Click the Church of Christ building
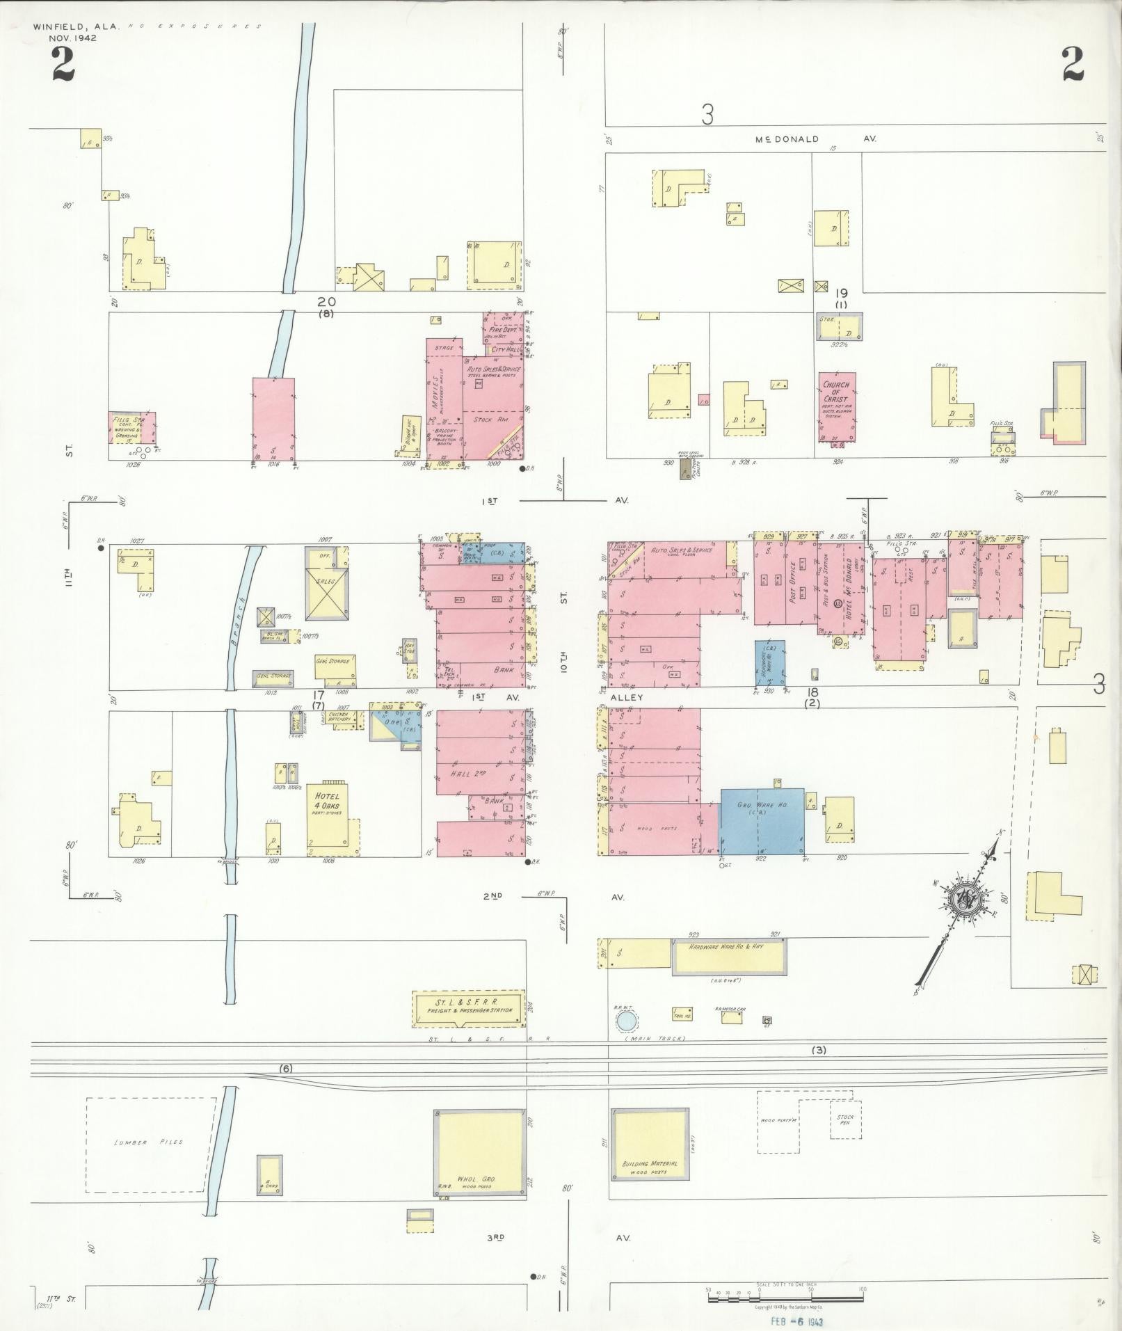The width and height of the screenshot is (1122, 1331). tap(838, 408)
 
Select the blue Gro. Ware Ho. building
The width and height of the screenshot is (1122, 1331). tap(762, 821)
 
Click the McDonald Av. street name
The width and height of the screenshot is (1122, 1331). tap(815, 139)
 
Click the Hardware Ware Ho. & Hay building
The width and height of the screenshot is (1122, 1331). tap(729, 955)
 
